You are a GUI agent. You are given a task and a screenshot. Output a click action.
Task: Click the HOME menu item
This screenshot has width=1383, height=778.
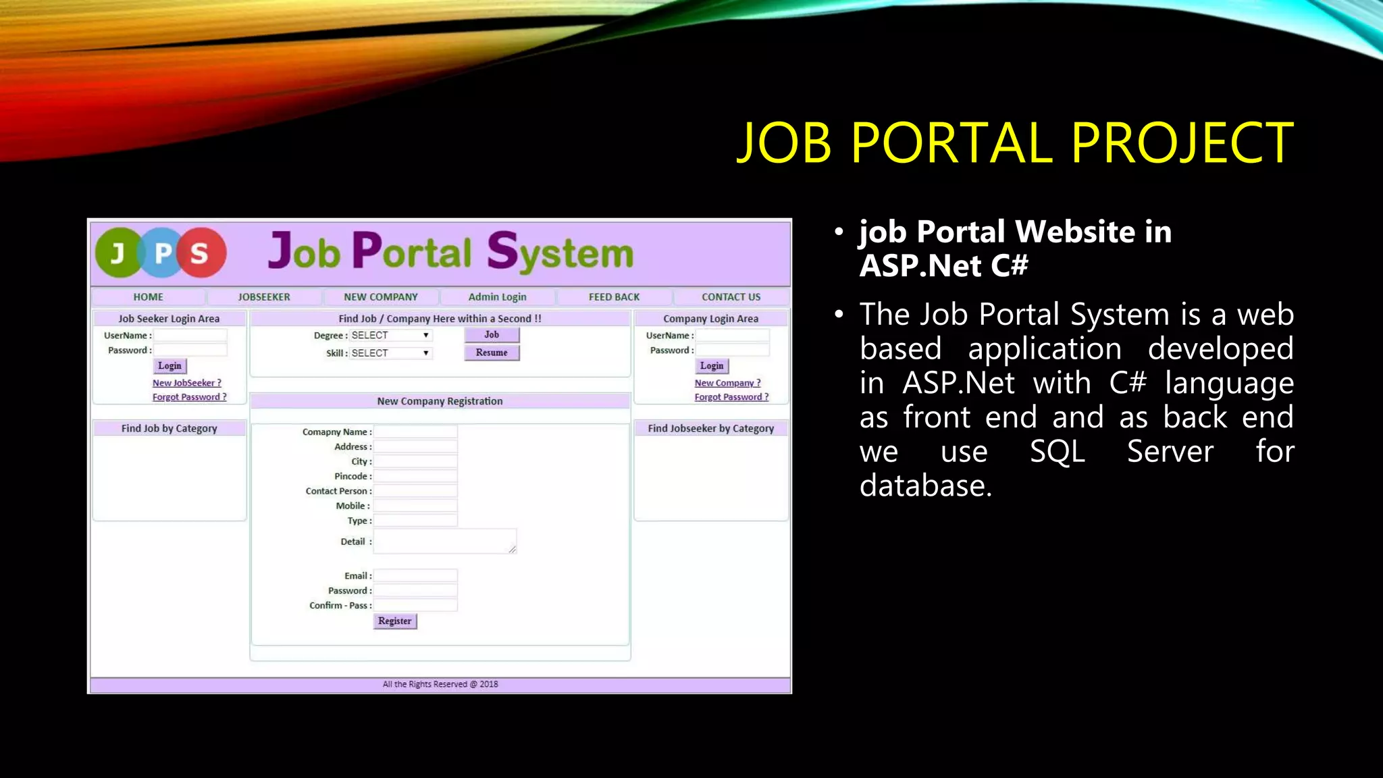(x=148, y=297)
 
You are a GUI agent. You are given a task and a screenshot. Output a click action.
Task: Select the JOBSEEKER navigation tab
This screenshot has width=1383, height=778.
(x=264, y=297)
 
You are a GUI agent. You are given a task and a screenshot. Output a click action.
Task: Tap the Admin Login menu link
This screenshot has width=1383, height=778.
(x=497, y=297)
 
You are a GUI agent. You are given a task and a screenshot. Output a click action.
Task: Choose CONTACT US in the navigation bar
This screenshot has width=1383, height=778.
(x=731, y=297)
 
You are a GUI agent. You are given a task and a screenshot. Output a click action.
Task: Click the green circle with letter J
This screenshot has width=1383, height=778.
(x=118, y=253)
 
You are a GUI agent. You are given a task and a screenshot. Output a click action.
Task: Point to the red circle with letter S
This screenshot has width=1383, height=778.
(x=200, y=253)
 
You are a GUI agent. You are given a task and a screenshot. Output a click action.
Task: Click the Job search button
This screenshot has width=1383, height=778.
(x=492, y=335)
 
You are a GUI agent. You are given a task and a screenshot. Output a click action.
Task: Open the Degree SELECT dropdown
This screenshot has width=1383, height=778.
(x=390, y=336)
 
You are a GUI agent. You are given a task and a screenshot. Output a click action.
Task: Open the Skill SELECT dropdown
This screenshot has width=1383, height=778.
(x=390, y=353)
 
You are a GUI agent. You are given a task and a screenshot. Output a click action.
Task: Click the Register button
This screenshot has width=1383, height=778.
(x=395, y=621)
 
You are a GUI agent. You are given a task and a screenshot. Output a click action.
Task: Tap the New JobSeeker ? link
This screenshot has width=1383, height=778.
(x=187, y=383)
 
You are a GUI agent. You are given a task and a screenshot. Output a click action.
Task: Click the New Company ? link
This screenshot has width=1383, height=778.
(x=728, y=383)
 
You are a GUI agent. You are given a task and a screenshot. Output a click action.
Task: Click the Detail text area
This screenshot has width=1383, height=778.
(x=444, y=542)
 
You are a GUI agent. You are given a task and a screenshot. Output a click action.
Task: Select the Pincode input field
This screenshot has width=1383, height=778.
(x=416, y=477)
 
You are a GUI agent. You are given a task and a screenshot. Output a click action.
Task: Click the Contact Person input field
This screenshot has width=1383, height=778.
(x=416, y=492)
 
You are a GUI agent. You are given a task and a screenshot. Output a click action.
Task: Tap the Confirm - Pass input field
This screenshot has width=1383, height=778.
(x=416, y=606)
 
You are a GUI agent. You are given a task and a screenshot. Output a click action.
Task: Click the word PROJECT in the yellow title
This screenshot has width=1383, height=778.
(x=1182, y=143)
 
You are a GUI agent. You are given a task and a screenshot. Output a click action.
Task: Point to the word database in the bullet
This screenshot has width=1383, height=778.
(x=925, y=486)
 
